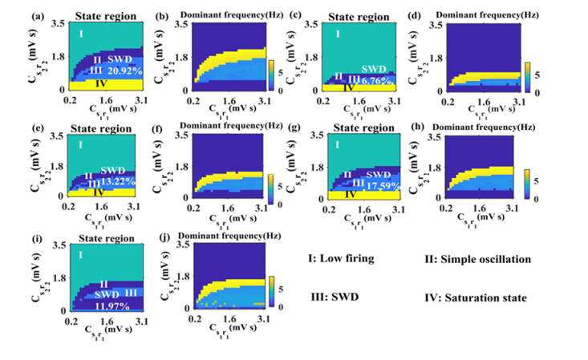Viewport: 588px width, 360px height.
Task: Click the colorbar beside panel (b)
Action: tap(272, 72)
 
